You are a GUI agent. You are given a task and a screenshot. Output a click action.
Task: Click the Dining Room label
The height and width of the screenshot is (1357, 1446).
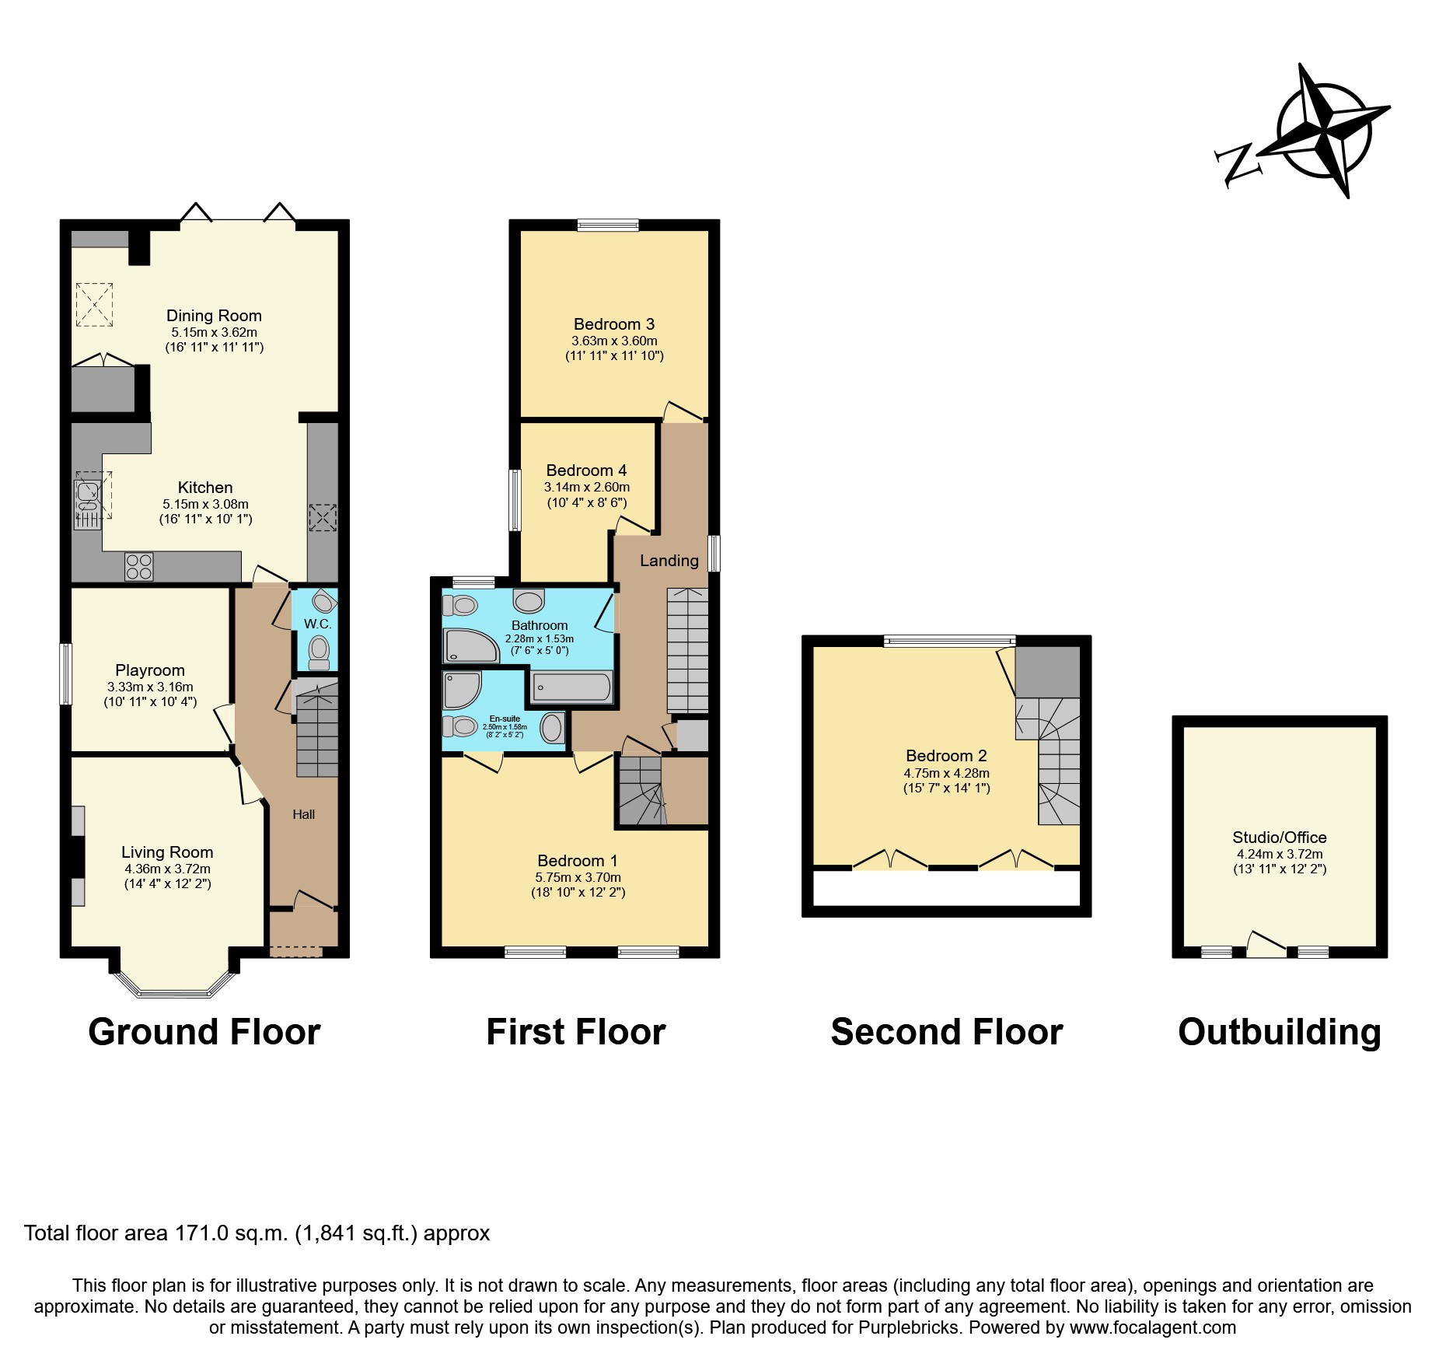(x=214, y=316)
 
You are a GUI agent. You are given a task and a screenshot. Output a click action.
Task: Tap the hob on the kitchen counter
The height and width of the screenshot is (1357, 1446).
(x=139, y=566)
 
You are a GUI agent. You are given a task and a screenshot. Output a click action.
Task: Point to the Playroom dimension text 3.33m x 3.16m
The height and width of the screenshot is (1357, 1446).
(x=150, y=687)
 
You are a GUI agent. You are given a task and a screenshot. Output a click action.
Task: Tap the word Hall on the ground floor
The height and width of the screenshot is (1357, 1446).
(x=303, y=814)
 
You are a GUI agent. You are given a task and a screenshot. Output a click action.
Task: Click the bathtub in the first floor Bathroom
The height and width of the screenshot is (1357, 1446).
(x=571, y=687)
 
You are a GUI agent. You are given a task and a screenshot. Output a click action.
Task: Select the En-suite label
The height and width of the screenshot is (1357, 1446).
(x=505, y=719)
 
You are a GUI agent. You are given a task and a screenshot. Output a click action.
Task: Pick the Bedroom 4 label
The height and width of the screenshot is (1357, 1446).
(x=586, y=470)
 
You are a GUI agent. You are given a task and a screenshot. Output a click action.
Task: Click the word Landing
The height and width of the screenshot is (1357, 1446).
(x=669, y=561)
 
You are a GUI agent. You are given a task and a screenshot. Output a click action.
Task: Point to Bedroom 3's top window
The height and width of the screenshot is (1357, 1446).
(x=608, y=226)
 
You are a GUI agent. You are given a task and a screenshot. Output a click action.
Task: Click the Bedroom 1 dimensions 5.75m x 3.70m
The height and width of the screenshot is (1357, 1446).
(x=578, y=877)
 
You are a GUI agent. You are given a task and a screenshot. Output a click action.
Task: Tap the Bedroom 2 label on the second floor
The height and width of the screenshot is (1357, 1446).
(x=946, y=756)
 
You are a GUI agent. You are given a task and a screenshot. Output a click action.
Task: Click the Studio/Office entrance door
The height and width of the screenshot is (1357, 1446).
(x=1266, y=946)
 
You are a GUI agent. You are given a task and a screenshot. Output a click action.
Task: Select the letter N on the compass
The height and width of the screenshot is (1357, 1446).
(x=1237, y=164)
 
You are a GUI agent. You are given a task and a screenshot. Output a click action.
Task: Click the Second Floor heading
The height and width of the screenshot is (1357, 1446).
(x=946, y=1033)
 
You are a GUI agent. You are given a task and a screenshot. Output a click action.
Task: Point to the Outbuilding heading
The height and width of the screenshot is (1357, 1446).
(x=1279, y=1033)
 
